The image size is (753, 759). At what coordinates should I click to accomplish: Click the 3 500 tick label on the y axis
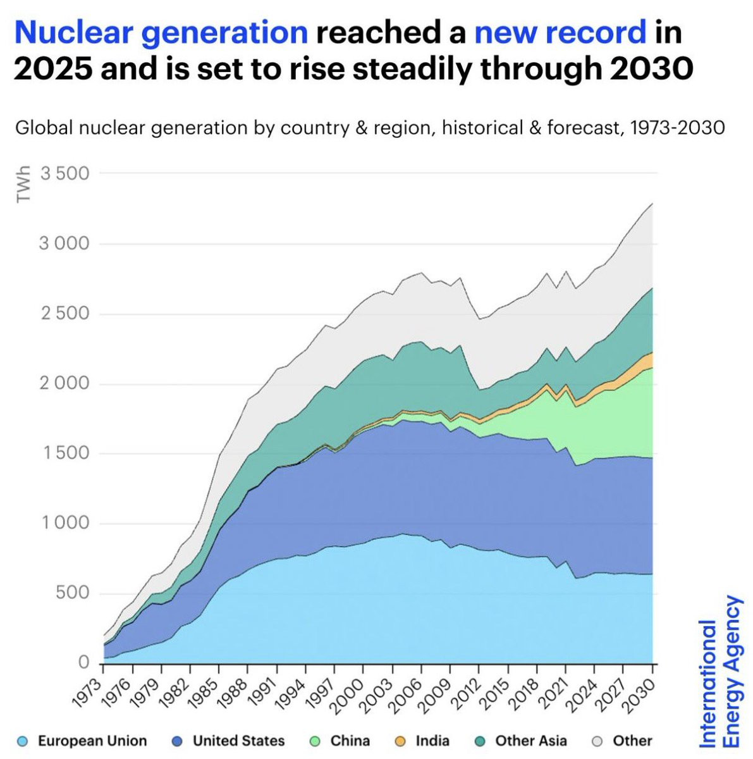click(64, 173)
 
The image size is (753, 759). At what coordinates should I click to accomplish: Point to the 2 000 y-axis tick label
click(64, 383)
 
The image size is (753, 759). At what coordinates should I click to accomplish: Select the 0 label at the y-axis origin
click(83, 663)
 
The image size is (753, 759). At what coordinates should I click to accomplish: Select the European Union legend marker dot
click(23, 741)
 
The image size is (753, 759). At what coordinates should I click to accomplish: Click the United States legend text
click(238, 741)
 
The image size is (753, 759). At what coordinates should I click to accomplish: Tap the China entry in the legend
click(350, 741)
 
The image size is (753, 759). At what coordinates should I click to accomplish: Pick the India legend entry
click(432, 741)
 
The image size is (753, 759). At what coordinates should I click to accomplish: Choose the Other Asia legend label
click(531, 741)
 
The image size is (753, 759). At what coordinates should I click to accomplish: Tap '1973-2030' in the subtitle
click(677, 128)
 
